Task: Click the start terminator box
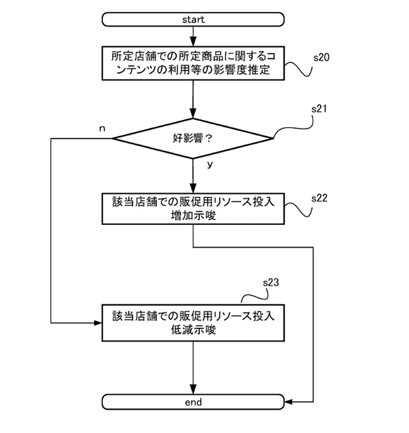click(193, 20)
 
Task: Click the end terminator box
click(193, 402)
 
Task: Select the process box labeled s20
click(193, 63)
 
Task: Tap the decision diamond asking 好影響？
click(192, 138)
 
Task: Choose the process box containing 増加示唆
click(193, 209)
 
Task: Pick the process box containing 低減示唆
click(193, 323)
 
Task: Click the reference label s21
click(318, 110)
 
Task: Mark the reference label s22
click(320, 197)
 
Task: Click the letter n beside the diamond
click(102, 128)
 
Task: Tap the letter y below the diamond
click(209, 165)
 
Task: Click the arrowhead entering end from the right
click(288, 402)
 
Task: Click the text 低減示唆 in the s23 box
click(193, 330)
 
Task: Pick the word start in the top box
click(193, 20)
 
